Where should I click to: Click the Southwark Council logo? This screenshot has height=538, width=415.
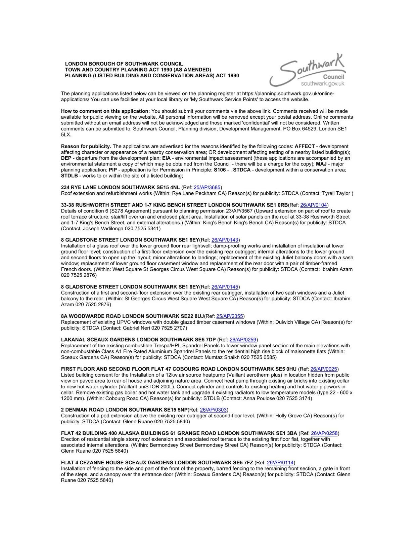[x=307, y=71]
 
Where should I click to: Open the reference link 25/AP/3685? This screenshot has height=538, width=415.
[x=207, y=187]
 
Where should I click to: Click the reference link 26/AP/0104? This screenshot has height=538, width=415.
[x=314, y=205]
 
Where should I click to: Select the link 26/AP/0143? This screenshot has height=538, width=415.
[x=225, y=240]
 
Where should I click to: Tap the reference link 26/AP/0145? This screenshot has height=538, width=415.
[x=225, y=287]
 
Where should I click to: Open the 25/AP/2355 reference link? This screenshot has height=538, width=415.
[x=230, y=316]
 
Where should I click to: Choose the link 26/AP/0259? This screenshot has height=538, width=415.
[x=243, y=340]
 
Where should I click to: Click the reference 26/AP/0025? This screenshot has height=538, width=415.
[x=324, y=369]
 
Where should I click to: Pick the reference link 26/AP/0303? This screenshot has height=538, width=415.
[x=214, y=410]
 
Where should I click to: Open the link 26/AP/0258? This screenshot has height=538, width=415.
[x=324, y=433]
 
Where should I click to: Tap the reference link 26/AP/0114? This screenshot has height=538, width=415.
[x=280, y=462]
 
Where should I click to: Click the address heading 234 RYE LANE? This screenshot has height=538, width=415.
[x=120, y=187]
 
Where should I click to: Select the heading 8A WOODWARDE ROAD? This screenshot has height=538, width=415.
[x=132, y=316]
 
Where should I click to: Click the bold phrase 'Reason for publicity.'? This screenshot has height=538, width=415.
[x=86, y=146]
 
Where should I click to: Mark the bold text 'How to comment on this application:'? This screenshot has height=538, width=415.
[x=105, y=111]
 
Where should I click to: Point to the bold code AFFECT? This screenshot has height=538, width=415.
[x=305, y=146]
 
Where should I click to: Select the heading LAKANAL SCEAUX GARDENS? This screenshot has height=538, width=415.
[x=138, y=340]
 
